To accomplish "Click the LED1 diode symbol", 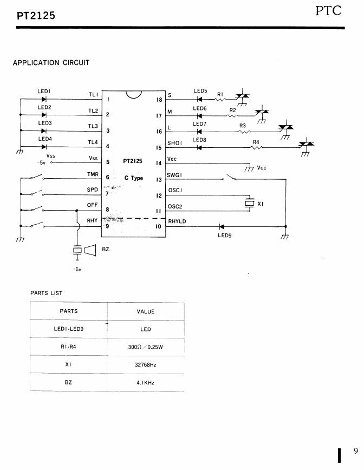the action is click(44, 99).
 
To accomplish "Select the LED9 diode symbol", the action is click(222, 226).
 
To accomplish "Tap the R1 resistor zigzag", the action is click(221, 99).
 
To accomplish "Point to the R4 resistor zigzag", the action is click(257, 147).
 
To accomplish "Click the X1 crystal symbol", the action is click(250, 203).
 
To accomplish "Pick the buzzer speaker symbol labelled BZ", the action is click(90, 250).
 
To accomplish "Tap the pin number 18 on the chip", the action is click(159, 100).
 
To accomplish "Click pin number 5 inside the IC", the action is click(108, 162).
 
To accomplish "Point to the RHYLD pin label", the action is click(177, 221).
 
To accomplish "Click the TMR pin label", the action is click(93, 174).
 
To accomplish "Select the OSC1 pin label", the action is click(175, 191).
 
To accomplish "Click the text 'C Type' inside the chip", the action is click(134, 178).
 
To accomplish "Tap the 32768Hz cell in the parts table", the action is click(145, 365).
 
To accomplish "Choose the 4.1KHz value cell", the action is click(145, 383).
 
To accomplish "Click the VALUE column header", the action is click(146, 312).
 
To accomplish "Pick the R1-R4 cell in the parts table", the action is click(68, 347).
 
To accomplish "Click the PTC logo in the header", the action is click(328, 11).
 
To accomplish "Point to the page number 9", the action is click(356, 451).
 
